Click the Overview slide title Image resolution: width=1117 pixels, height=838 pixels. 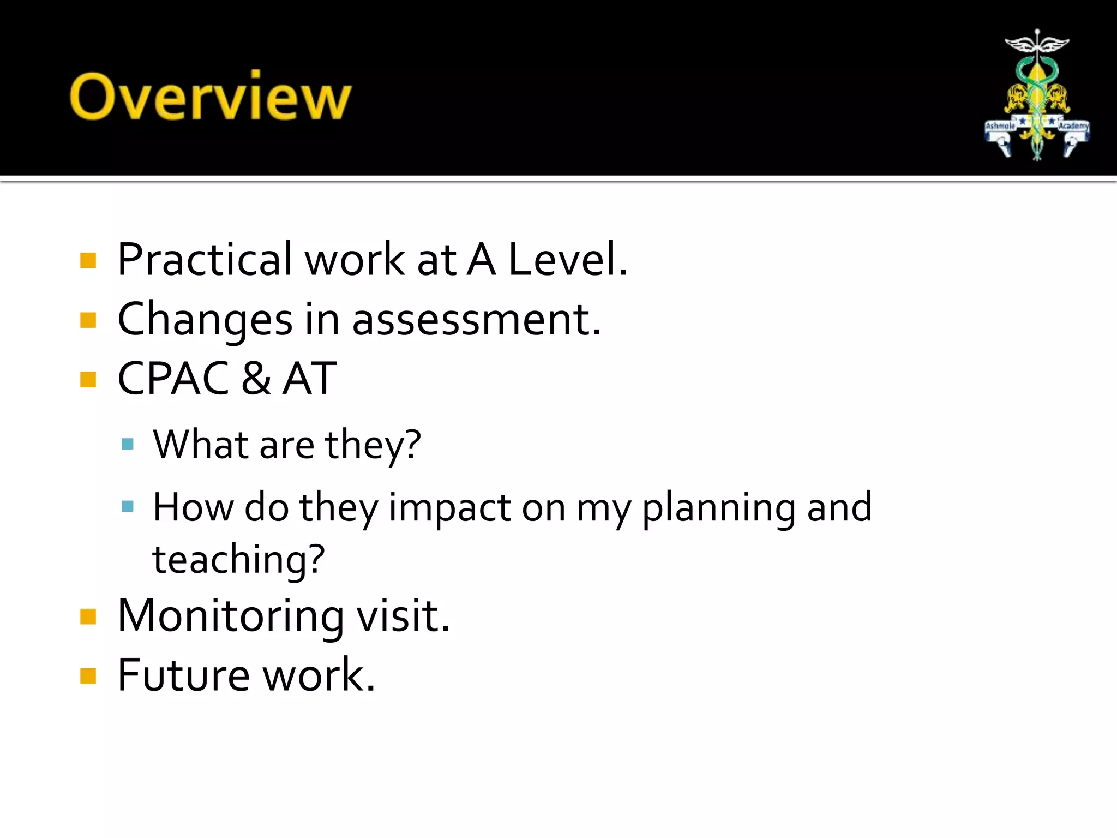coord(211,96)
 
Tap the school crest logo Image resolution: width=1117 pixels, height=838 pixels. coord(1037,95)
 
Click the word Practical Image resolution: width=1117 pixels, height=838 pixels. coord(205,259)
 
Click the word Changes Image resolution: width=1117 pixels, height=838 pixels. coord(205,320)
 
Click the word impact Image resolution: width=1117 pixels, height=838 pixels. coord(449,507)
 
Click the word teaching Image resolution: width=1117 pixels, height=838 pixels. coord(238,560)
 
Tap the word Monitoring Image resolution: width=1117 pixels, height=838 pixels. coord(231,616)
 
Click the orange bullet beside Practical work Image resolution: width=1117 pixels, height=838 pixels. coord(88,260)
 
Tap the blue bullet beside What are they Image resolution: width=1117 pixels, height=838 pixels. coord(128,444)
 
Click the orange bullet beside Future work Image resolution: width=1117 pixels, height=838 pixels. coord(88,676)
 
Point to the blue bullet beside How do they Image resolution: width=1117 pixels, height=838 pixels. coord(128,507)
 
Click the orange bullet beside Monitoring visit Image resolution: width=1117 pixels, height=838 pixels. coord(88,616)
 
